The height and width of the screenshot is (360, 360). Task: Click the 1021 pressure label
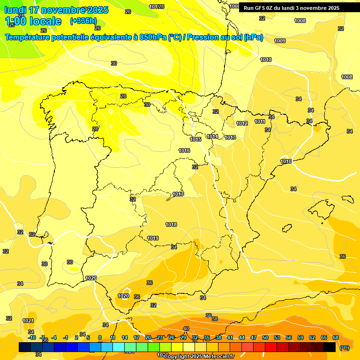(x=28, y=321)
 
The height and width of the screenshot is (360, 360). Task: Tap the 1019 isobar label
(x=153, y=238)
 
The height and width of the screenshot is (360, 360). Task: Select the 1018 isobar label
(x=171, y=225)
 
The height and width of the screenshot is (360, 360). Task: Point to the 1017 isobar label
(x=178, y=194)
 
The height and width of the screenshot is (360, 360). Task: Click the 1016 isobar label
(x=184, y=150)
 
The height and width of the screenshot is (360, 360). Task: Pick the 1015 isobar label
(x=195, y=139)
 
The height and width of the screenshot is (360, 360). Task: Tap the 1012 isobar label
(x=242, y=123)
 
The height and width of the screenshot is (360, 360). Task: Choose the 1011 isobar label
(x=260, y=121)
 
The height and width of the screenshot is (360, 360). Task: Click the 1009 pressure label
(x=280, y=41)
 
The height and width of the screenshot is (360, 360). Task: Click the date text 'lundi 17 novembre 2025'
(x=56, y=10)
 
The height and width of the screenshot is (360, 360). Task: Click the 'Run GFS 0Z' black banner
(x=292, y=8)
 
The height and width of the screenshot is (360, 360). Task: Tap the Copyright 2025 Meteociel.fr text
(x=199, y=356)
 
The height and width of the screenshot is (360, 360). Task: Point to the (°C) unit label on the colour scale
(x=344, y=348)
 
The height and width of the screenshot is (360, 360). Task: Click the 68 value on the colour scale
(x=335, y=337)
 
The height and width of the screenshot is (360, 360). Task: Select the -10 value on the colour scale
(x=32, y=337)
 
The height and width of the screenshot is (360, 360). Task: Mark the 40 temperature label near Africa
(x=186, y=329)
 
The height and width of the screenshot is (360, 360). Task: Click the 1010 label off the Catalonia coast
(x=286, y=161)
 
